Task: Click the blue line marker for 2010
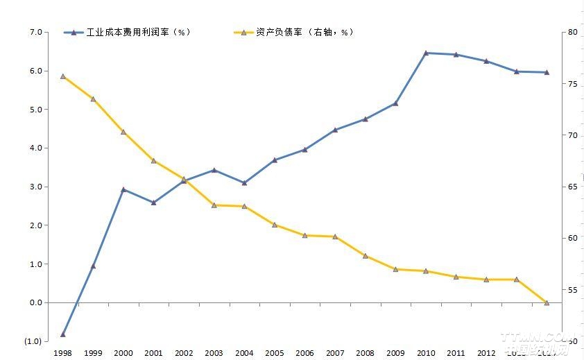425,53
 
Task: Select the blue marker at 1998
63,334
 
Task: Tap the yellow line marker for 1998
63,76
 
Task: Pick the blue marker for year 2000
123,189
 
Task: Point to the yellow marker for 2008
365,255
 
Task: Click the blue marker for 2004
244,182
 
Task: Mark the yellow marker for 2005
275,225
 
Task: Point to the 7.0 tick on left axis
35,32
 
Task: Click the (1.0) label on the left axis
33,341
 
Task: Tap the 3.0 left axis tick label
35,187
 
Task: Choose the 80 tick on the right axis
572,32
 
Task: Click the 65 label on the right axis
572,187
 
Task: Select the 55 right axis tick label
572,290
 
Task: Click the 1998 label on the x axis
63,353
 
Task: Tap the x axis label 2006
304,353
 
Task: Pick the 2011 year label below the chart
456,353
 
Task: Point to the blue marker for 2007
335,130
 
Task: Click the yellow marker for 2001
153,161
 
